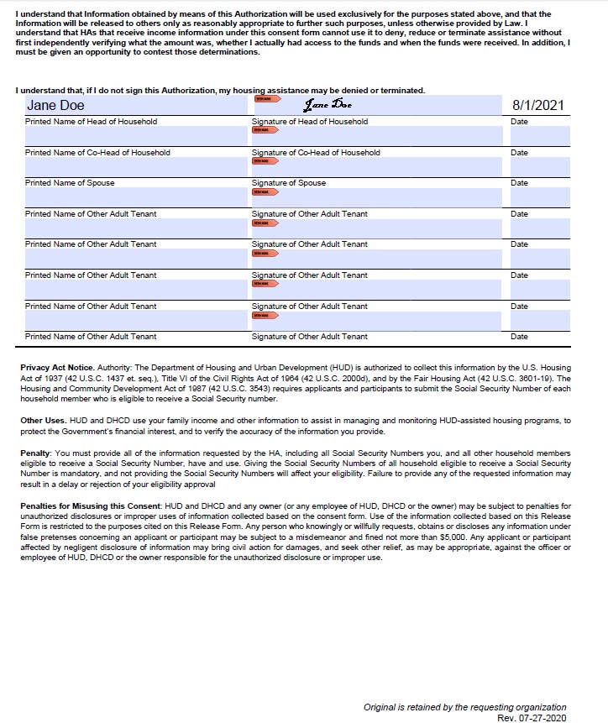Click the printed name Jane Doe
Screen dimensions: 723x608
click(55, 106)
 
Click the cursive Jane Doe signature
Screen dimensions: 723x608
click(328, 105)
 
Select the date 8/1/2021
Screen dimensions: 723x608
click(537, 106)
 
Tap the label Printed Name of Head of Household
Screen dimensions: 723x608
click(91, 122)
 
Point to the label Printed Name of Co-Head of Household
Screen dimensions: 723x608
click(97, 153)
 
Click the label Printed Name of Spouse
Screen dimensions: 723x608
click(70, 183)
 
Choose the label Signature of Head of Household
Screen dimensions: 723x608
click(310, 122)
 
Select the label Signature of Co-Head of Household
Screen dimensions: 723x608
click(316, 153)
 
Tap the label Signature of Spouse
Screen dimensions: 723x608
click(289, 183)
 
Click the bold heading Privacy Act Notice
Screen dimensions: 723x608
click(57, 368)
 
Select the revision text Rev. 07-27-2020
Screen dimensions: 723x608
click(532, 718)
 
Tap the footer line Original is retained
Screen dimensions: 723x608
click(464, 707)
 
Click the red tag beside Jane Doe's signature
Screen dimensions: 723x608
click(262, 99)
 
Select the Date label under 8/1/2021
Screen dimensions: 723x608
click(519, 122)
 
